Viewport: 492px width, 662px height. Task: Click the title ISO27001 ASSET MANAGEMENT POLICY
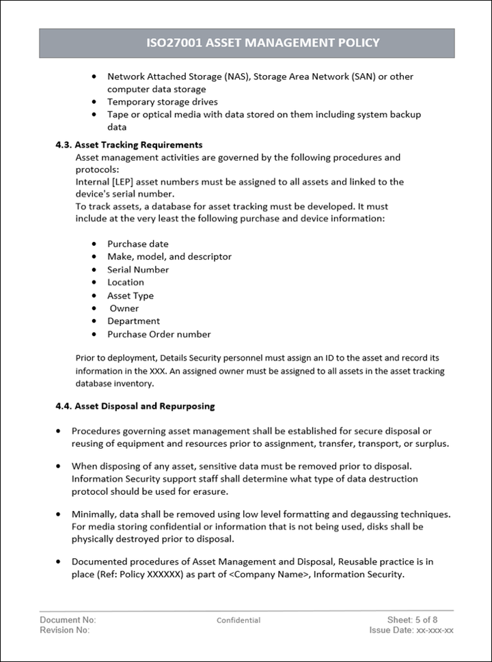[x=263, y=43]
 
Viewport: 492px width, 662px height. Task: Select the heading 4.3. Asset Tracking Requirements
[x=128, y=145]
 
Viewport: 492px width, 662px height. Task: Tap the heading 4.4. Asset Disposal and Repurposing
[x=135, y=406]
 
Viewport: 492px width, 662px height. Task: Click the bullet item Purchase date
[x=137, y=244]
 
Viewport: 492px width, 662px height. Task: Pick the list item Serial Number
[x=138, y=270]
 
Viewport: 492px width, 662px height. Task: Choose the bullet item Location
[x=126, y=282]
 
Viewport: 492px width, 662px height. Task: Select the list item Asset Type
[x=131, y=296]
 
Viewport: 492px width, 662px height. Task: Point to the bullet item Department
[x=133, y=321]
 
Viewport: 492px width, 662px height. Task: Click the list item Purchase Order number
[x=159, y=335]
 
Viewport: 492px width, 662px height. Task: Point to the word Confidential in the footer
[x=238, y=620]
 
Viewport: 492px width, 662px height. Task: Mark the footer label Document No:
[x=68, y=620]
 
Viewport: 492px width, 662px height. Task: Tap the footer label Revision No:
[x=64, y=630]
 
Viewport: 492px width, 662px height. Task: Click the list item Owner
[x=124, y=308]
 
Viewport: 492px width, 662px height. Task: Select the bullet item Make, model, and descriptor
[x=169, y=257]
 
